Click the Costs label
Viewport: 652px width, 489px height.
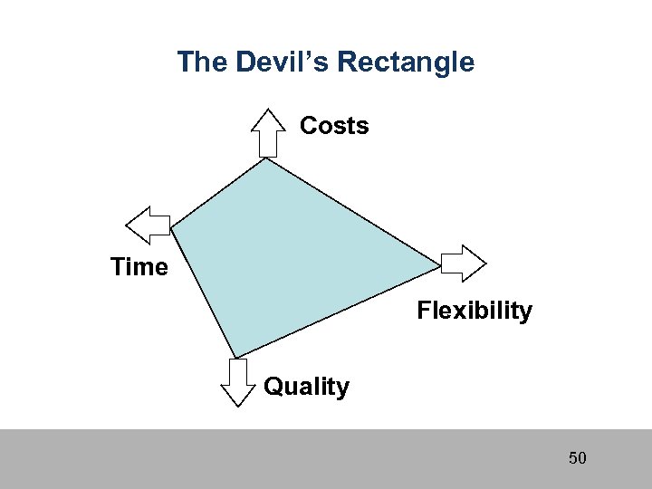(334, 126)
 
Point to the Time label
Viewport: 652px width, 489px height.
(139, 267)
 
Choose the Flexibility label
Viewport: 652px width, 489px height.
(475, 312)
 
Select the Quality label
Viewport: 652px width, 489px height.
(306, 388)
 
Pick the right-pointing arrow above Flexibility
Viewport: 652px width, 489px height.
(464, 264)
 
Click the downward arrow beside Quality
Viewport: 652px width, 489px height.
(238, 382)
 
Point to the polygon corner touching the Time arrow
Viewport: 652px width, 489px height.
(171, 228)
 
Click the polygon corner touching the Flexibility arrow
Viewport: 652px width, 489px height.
(441, 265)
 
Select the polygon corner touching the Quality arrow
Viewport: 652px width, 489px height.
(235, 359)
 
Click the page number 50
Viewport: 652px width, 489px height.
(578, 458)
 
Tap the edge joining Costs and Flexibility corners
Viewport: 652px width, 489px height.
(353, 212)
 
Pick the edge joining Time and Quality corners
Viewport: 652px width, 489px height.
(203, 293)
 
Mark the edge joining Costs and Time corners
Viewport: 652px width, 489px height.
(218, 193)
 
